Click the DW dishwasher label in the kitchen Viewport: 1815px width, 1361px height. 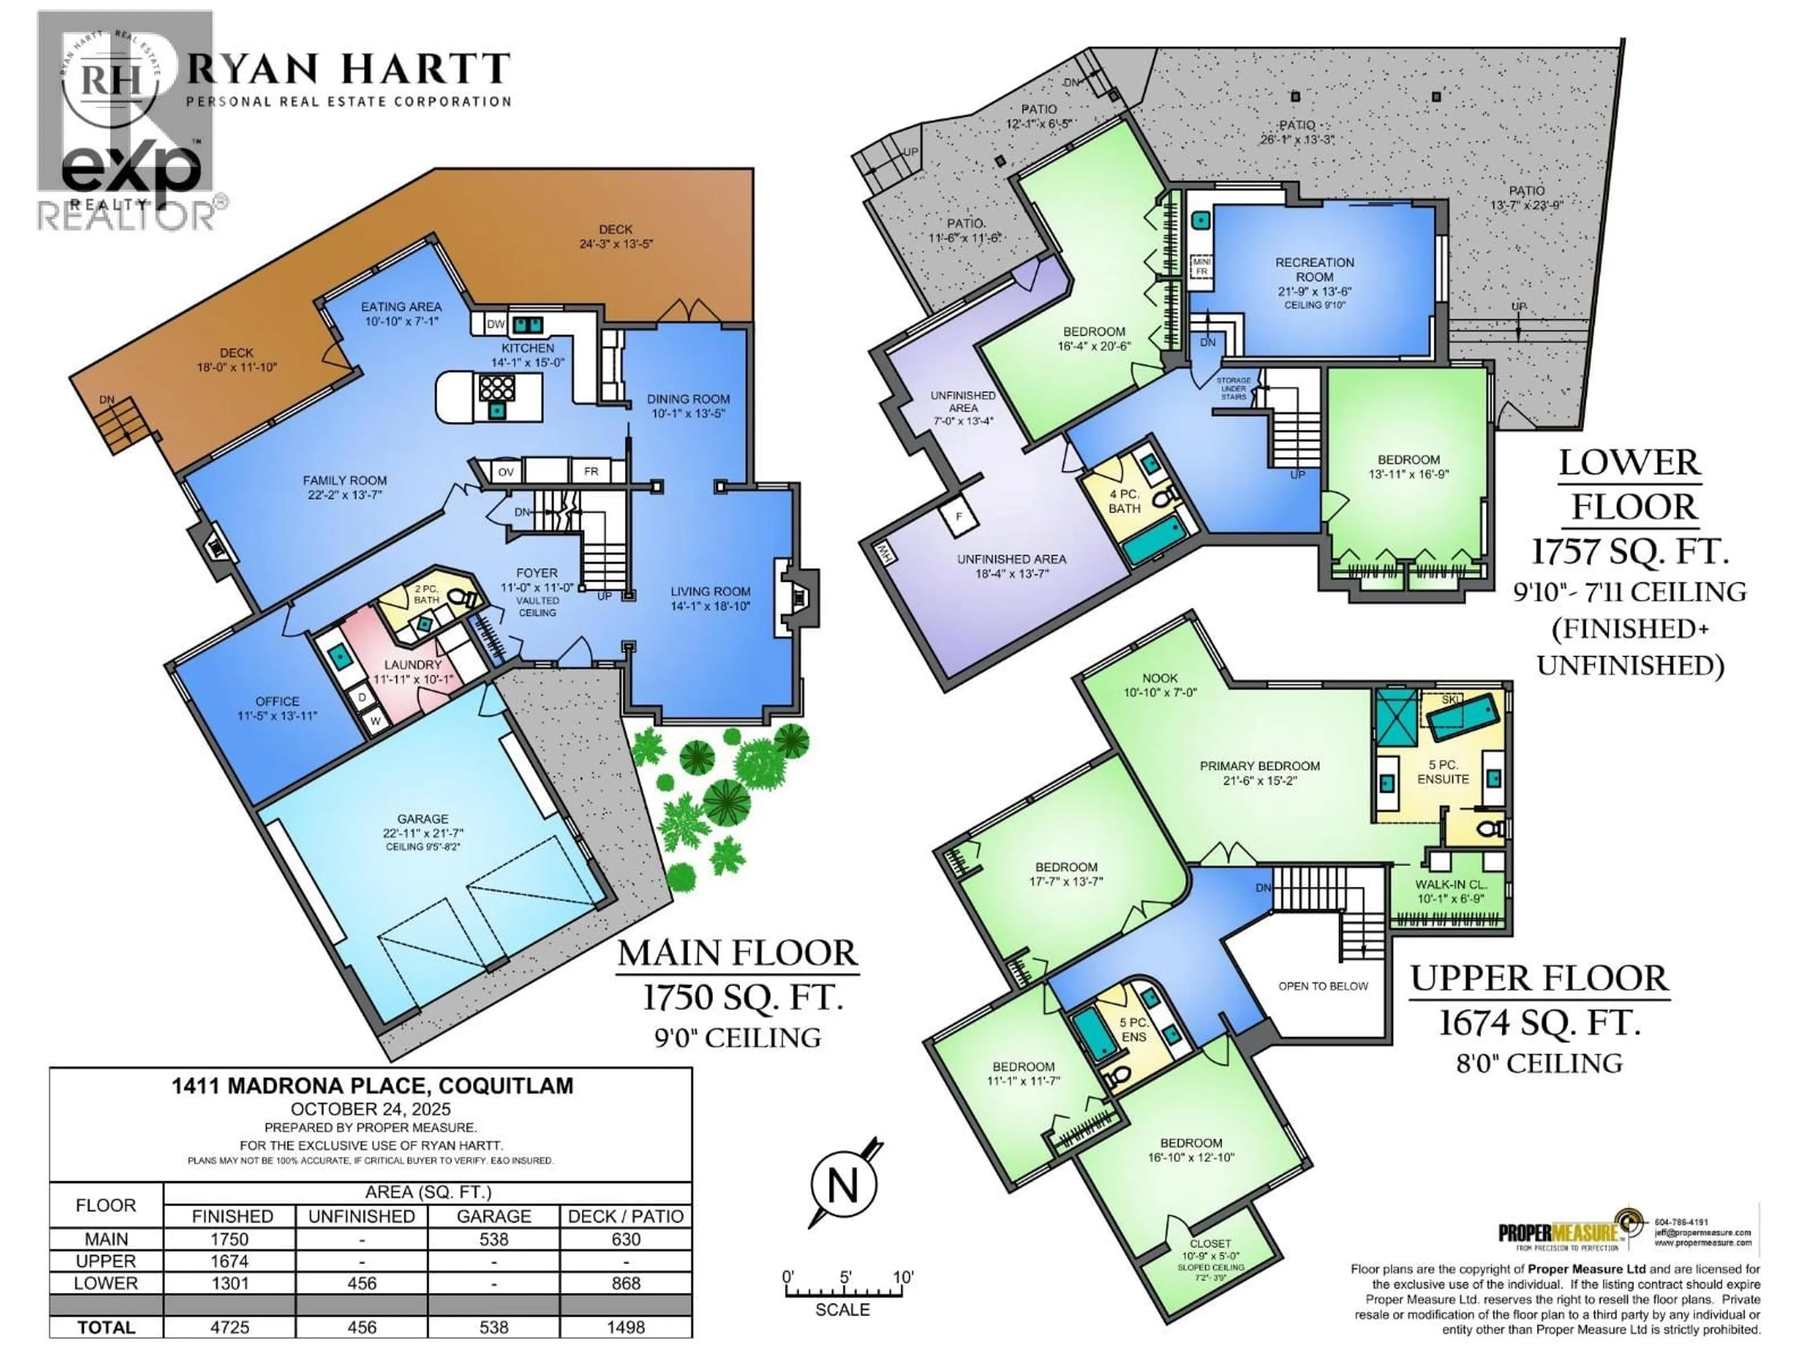click(496, 324)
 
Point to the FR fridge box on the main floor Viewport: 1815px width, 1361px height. click(591, 472)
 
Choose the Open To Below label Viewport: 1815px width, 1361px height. click(1322, 986)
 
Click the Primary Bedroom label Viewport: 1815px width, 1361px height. click(1260, 766)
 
